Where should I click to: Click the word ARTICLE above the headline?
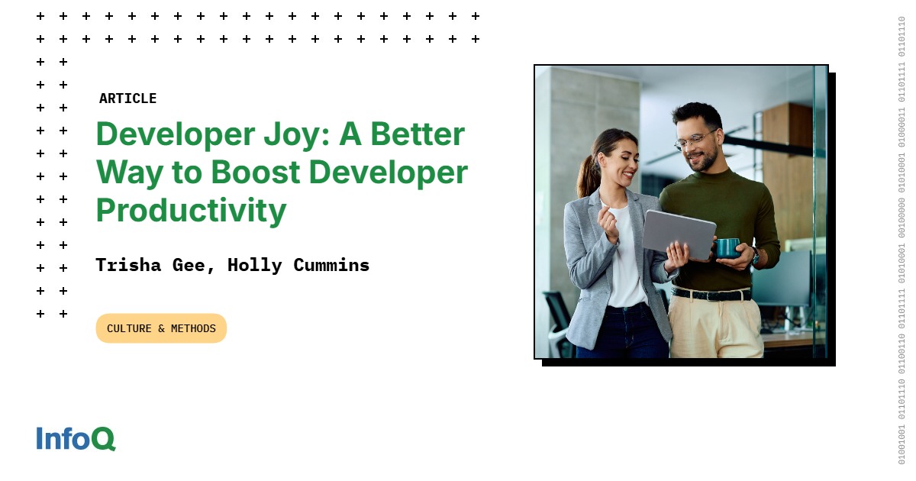click(x=127, y=98)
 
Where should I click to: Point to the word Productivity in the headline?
click(x=191, y=210)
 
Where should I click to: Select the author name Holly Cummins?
click(x=298, y=266)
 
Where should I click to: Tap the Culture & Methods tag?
click(x=161, y=328)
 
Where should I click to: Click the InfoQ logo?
click(x=76, y=438)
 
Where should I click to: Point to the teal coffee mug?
click(x=727, y=247)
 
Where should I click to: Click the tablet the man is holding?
click(x=678, y=234)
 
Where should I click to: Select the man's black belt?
click(x=710, y=294)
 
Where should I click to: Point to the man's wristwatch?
click(x=754, y=255)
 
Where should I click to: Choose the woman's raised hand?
click(x=608, y=221)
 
